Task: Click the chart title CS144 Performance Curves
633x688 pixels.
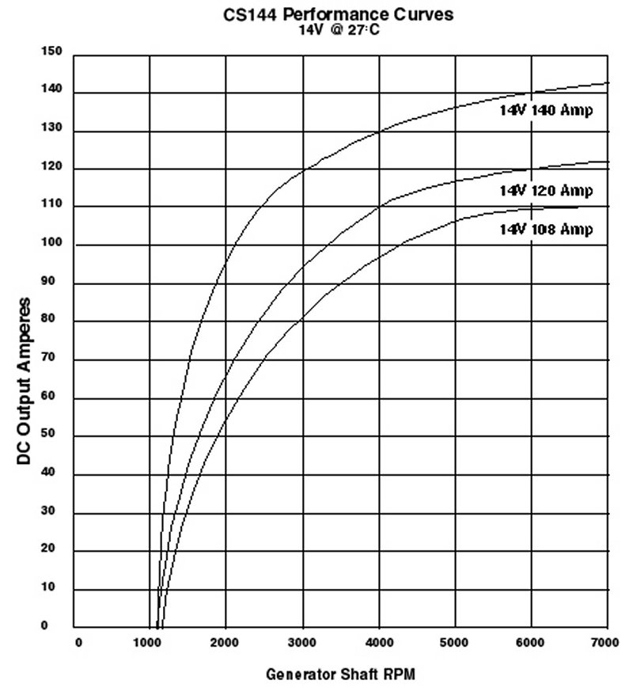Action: click(x=339, y=13)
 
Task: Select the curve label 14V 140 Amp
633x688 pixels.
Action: click(x=545, y=111)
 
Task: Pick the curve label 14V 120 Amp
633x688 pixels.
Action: click(x=545, y=191)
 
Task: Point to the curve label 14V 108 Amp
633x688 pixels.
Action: click(x=545, y=229)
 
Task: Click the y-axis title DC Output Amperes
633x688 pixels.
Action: click(x=25, y=382)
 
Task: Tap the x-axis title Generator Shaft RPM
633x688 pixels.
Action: click(x=339, y=675)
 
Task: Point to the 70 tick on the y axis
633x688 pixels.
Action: click(x=53, y=359)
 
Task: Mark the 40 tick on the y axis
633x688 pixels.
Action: click(x=53, y=474)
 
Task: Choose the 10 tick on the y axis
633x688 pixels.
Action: click(x=53, y=589)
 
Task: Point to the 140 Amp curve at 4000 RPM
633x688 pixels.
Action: click(x=378, y=131)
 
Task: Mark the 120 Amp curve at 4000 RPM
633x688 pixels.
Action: click(x=378, y=207)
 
